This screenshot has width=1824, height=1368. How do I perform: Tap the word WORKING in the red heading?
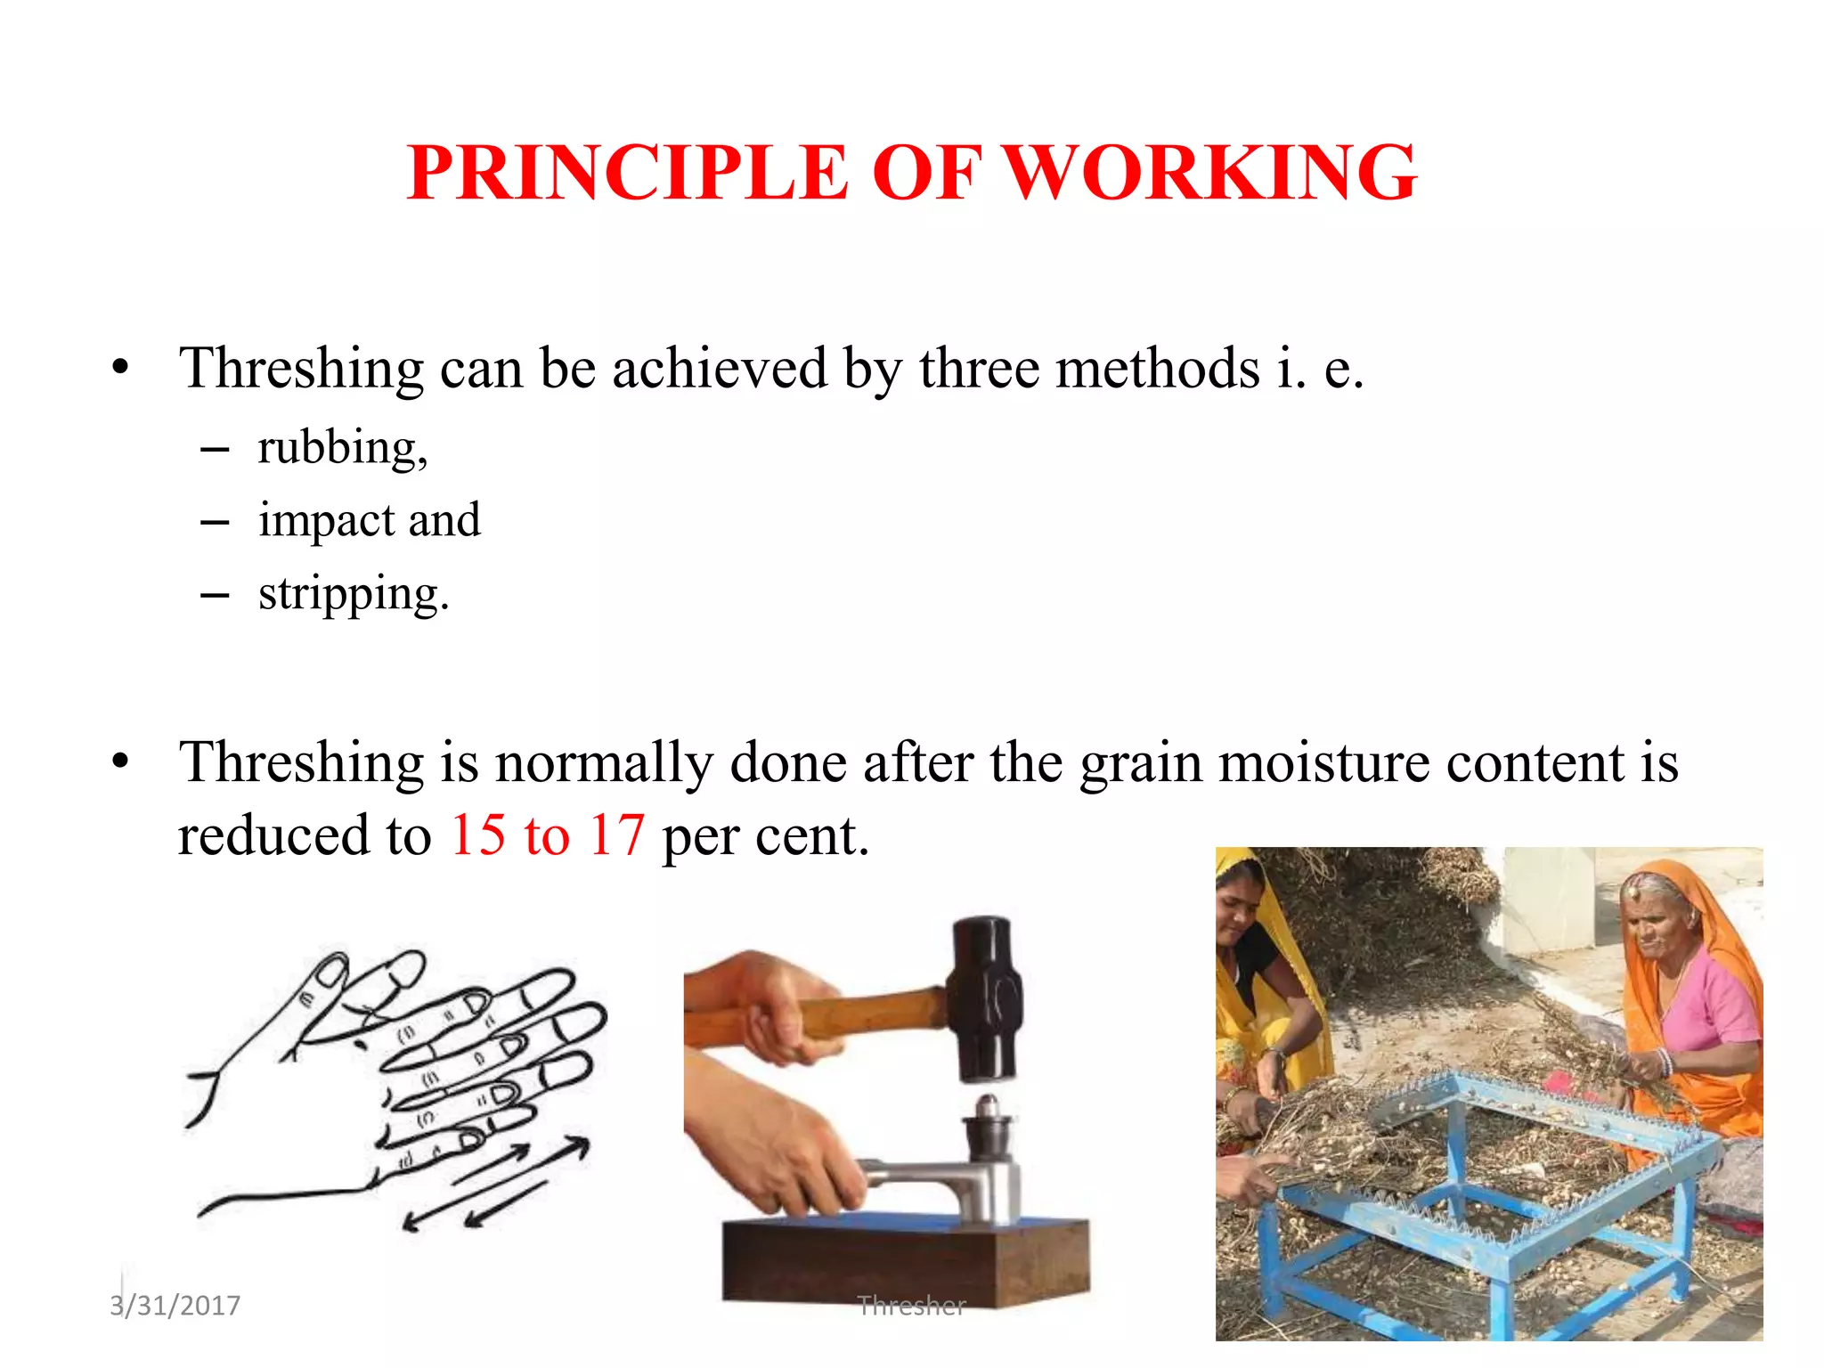point(1211,173)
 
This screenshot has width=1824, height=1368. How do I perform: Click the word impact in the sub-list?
point(326,521)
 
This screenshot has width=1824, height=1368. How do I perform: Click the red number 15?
point(478,835)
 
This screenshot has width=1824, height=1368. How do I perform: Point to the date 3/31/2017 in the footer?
point(175,1306)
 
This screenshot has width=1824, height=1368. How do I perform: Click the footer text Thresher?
point(911,1306)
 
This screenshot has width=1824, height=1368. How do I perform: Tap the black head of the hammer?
point(985,997)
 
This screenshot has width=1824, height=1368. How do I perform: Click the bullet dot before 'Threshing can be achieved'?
point(121,368)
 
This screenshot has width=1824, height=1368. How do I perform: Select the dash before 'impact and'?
point(215,522)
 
